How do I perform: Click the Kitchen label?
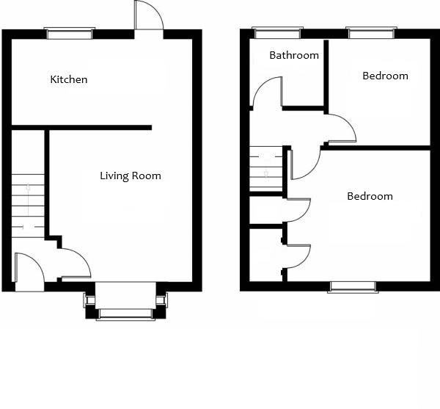(x=68, y=79)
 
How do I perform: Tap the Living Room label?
(x=131, y=176)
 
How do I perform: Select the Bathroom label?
(x=294, y=55)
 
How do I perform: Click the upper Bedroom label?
(x=385, y=76)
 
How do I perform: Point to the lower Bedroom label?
(x=370, y=196)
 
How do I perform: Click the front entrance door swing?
(x=28, y=268)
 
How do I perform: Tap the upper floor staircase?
(x=266, y=169)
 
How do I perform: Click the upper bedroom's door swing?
(x=342, y=129)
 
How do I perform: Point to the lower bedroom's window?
(x=353, y=286)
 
